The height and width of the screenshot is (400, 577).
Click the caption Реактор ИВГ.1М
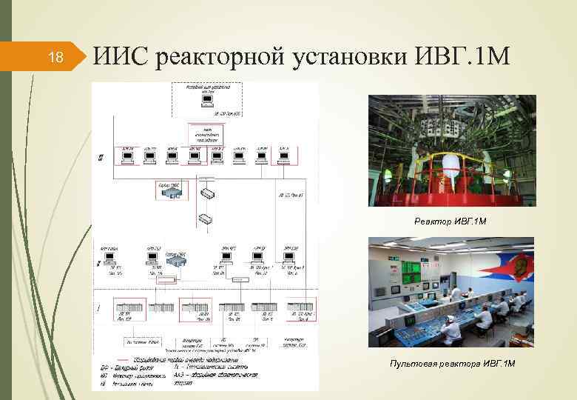point(451,221)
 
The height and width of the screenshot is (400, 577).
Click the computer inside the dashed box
point(208,100)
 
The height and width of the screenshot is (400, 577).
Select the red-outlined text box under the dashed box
point(205,134)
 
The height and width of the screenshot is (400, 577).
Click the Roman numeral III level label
point(100,157)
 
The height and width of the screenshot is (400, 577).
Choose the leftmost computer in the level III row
point(127,156)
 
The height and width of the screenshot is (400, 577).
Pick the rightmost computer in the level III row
point(285,156)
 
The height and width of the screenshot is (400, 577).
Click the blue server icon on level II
point(175,261)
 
